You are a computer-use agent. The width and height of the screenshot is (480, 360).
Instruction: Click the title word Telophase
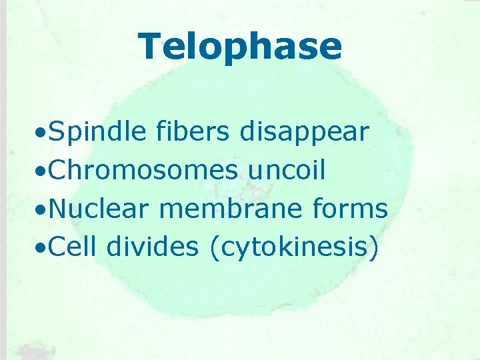tap(240, 47)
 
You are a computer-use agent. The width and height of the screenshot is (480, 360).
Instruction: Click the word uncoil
tap(287, 171)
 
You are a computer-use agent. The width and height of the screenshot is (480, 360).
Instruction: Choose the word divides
tap(153, 247)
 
